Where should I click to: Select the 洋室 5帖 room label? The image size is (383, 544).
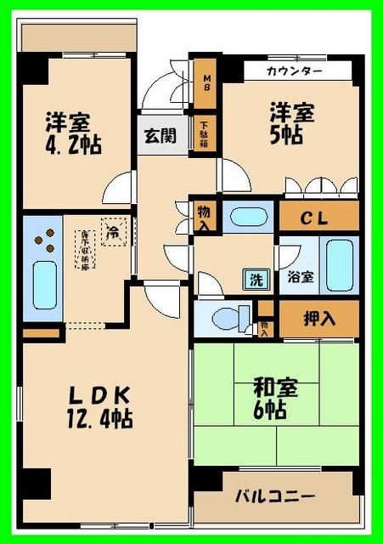pos(290,123)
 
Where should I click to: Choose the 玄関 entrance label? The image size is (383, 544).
pos(159,135)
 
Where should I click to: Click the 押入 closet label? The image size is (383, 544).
pos(319,319)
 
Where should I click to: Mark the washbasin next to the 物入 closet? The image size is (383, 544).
pos(249,216)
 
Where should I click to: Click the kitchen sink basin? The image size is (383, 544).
pos(43,286)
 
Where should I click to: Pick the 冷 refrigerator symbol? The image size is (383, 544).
pos(111,229)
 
